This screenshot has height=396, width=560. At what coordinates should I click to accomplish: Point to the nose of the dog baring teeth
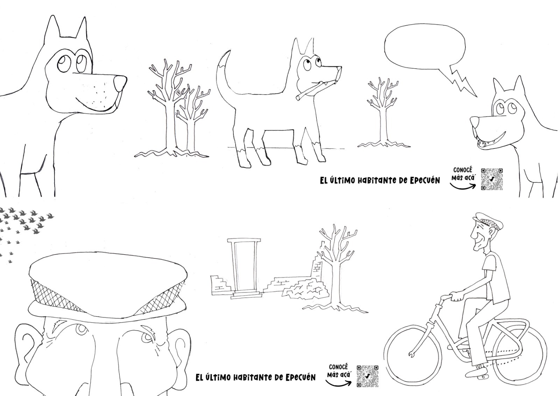point(475,121)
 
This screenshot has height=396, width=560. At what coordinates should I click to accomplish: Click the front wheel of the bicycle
point(413,356)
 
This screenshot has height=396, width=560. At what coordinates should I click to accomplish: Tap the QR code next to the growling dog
point(492,179)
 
